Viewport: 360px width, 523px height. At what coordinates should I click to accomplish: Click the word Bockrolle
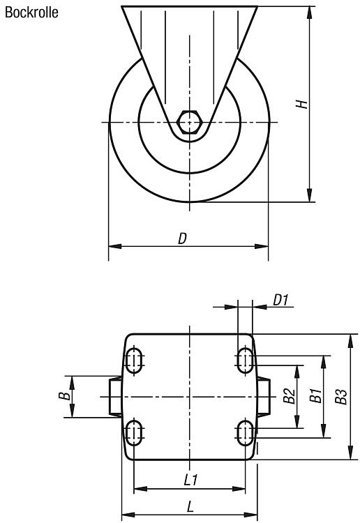coord(31,13)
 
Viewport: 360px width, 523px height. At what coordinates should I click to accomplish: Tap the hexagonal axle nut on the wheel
coord(190,123)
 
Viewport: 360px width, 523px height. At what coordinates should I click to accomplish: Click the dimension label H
coord(302,104)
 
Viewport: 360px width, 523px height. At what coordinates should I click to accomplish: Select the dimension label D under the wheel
coord(183,238)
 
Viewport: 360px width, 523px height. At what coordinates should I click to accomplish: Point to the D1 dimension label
coord(280,300)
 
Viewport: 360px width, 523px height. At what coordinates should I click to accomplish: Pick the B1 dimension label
coord(315,395)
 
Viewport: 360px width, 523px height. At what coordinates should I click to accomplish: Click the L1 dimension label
coord(191,480)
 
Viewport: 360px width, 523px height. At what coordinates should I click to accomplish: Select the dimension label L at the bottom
coord(190,507)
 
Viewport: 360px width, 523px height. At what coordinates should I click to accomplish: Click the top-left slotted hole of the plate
coord(134,361)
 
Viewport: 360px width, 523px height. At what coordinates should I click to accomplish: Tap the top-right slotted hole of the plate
coord(245,361)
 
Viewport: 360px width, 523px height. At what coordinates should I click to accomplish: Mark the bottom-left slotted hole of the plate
coord(134,432)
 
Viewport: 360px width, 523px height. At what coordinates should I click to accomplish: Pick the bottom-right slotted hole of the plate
coord(245,432)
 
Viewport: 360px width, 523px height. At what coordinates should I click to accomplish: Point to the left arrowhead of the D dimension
coord(115,246)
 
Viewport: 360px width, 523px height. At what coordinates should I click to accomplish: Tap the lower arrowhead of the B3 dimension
coord(350,453)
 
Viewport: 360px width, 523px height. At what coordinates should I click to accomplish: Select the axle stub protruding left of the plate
coord(115,397)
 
